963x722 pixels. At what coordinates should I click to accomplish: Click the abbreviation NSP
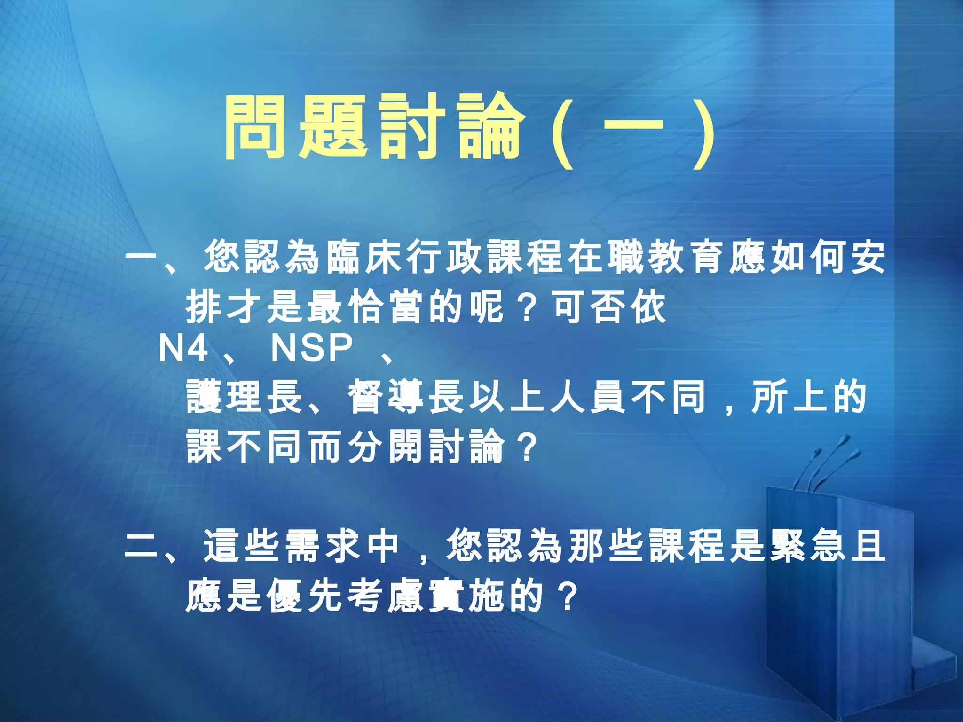coord(312,348)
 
